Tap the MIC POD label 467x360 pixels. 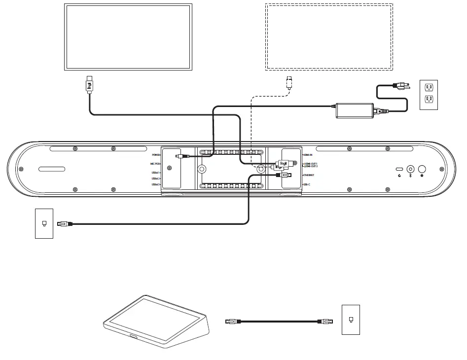point(155,163)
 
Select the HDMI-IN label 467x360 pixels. point(308,155)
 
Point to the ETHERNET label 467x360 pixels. point(309,175)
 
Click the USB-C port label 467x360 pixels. point(306,184)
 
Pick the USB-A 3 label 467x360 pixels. point(156,184)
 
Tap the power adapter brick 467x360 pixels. point(355,109)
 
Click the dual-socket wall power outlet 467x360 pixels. point(429,95)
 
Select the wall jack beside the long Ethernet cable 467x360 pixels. point(44,223)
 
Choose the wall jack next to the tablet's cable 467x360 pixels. point(351,320)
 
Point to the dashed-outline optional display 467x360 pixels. point(329,36)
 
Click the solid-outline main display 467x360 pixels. point(128,36)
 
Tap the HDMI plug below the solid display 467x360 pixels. point(89,85)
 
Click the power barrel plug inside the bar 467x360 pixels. point(183,157)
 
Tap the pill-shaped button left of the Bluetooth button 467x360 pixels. point(399,168)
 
